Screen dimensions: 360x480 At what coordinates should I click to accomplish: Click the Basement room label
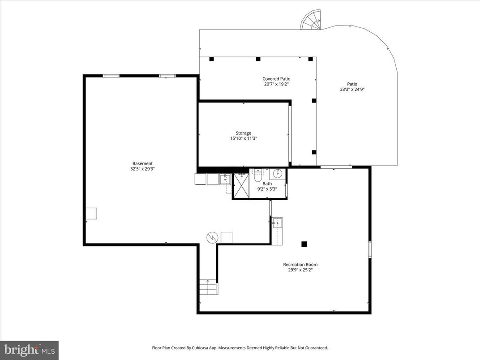coord(142,163)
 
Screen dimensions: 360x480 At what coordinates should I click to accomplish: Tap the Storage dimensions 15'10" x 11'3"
coord(244,139)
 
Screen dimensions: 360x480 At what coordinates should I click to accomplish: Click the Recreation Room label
coord(300,264)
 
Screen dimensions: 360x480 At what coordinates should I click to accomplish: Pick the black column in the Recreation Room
coord(304,244)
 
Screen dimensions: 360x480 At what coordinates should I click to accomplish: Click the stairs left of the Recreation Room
coord(208,287)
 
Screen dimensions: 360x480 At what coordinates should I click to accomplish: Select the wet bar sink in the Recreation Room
coord(277,223)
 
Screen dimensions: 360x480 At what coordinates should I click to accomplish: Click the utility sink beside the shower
coord(225,180)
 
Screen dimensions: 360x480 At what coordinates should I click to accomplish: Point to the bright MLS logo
coord(29,349)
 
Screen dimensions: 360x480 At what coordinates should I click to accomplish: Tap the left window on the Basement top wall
coord(111,76)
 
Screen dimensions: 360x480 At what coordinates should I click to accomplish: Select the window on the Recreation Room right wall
coord(370,249)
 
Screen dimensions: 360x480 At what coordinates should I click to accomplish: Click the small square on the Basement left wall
coord(92,214)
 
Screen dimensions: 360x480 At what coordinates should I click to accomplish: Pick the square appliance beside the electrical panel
coord(227,237)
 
